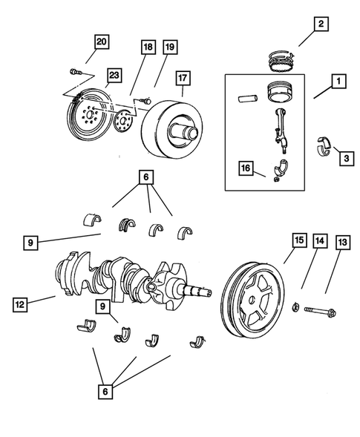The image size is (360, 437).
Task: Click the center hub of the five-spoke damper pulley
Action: [x=255, y=300]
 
